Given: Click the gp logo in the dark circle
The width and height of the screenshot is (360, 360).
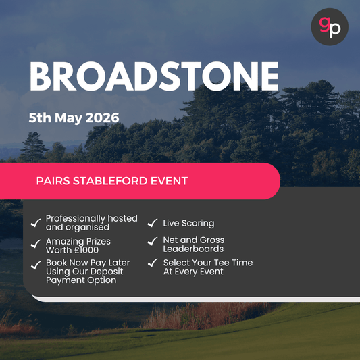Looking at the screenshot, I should [x=330, y=27].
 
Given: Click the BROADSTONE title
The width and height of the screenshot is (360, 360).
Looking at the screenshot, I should [x=154, y=77].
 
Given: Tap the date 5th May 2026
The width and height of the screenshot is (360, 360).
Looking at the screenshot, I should [x=74, y=118].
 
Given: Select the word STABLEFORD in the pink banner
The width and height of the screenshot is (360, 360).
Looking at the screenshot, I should [x=118, y=181].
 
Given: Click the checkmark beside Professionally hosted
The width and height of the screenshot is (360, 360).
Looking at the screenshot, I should [x=35, y=223].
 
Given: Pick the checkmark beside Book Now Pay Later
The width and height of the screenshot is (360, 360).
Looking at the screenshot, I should [x=35, y=265].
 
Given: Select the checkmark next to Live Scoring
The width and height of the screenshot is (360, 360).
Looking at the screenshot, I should [x=153, y=223].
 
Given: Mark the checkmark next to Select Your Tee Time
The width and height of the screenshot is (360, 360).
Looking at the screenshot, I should [x=153, y=263].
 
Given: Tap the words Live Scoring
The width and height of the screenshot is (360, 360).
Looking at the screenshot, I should [x=188, y=223].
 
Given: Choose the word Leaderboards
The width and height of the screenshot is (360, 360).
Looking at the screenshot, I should [x=193, y=249].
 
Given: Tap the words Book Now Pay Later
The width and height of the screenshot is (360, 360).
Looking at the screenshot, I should [x=88, y=263].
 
